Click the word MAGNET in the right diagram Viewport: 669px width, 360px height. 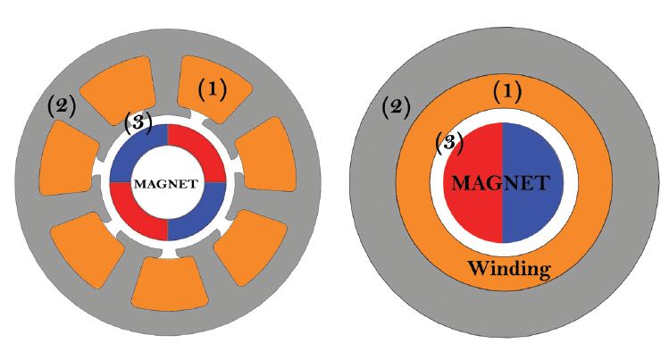500,183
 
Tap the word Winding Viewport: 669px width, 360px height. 509,267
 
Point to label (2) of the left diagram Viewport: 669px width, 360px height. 62,107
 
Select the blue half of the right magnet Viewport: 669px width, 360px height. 536,214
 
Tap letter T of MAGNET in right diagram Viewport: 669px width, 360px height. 541,183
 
